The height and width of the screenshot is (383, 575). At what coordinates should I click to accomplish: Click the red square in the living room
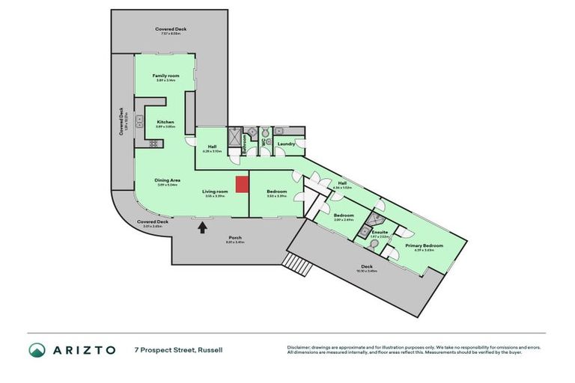(240, 185)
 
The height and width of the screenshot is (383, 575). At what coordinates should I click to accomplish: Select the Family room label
(165, 77)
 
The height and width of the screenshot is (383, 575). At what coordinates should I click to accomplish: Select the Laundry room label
(285, 144)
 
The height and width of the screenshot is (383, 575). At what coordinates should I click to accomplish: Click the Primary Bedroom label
(424, 246)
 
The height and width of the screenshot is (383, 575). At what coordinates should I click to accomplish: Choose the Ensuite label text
(379, 233)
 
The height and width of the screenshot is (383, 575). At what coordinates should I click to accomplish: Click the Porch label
(235, 239)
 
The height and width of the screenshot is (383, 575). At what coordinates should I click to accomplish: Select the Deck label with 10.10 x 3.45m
(366, 266)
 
